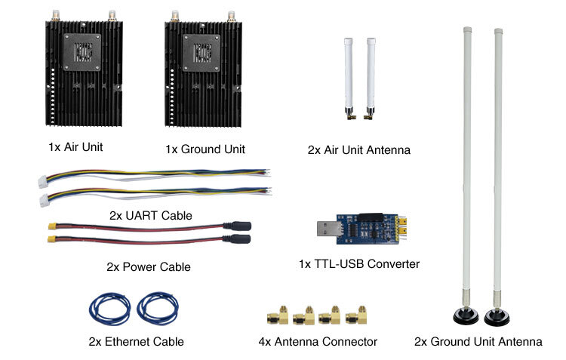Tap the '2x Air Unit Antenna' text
click(358, 149)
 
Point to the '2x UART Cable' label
click(150, 215)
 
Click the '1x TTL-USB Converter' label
click(359, 263)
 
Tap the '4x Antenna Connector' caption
click(318, 341)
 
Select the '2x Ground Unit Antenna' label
click(478, 341)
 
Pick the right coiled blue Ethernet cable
click(158, 308)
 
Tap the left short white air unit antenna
click(351, 72)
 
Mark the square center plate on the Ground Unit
click(204, 52)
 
